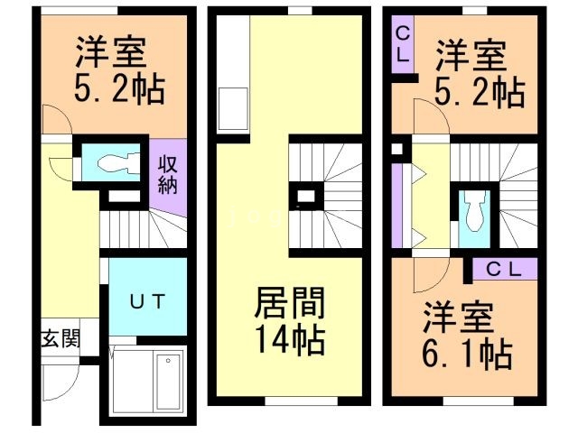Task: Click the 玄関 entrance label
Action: point(61,338)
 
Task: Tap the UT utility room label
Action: point(147,301)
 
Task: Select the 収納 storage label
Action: point(168,175)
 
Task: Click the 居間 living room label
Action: point(290,303)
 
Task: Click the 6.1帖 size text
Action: point(467,355)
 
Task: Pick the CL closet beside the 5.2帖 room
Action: point(403,45)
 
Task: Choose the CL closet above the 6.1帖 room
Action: point(505,269)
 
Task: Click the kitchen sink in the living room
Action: point(233,108)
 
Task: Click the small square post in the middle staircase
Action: point(306,197)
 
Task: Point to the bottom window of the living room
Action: point(301,401)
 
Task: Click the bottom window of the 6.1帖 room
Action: point(478,401)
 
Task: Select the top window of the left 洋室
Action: point(79,11)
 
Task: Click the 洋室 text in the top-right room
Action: point(471,56)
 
